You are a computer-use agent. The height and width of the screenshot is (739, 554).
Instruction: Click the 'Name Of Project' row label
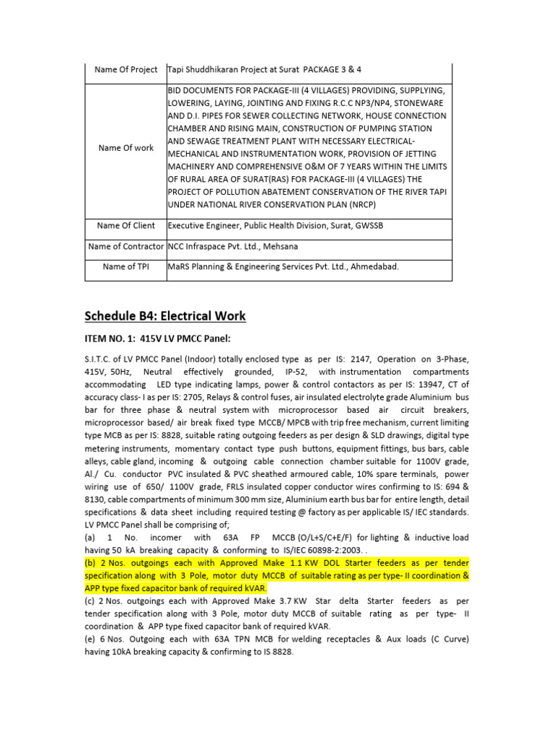pos(126,69)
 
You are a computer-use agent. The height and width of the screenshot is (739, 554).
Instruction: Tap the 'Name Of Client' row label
pos(126,225)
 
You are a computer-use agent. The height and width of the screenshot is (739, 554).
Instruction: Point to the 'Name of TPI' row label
pos(126,266)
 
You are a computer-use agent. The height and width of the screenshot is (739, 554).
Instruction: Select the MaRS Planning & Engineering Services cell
pos(283,266)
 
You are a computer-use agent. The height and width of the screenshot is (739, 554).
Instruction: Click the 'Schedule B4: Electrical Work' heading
pos(165,316)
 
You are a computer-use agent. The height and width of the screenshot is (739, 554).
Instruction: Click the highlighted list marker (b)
pos(92,563)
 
